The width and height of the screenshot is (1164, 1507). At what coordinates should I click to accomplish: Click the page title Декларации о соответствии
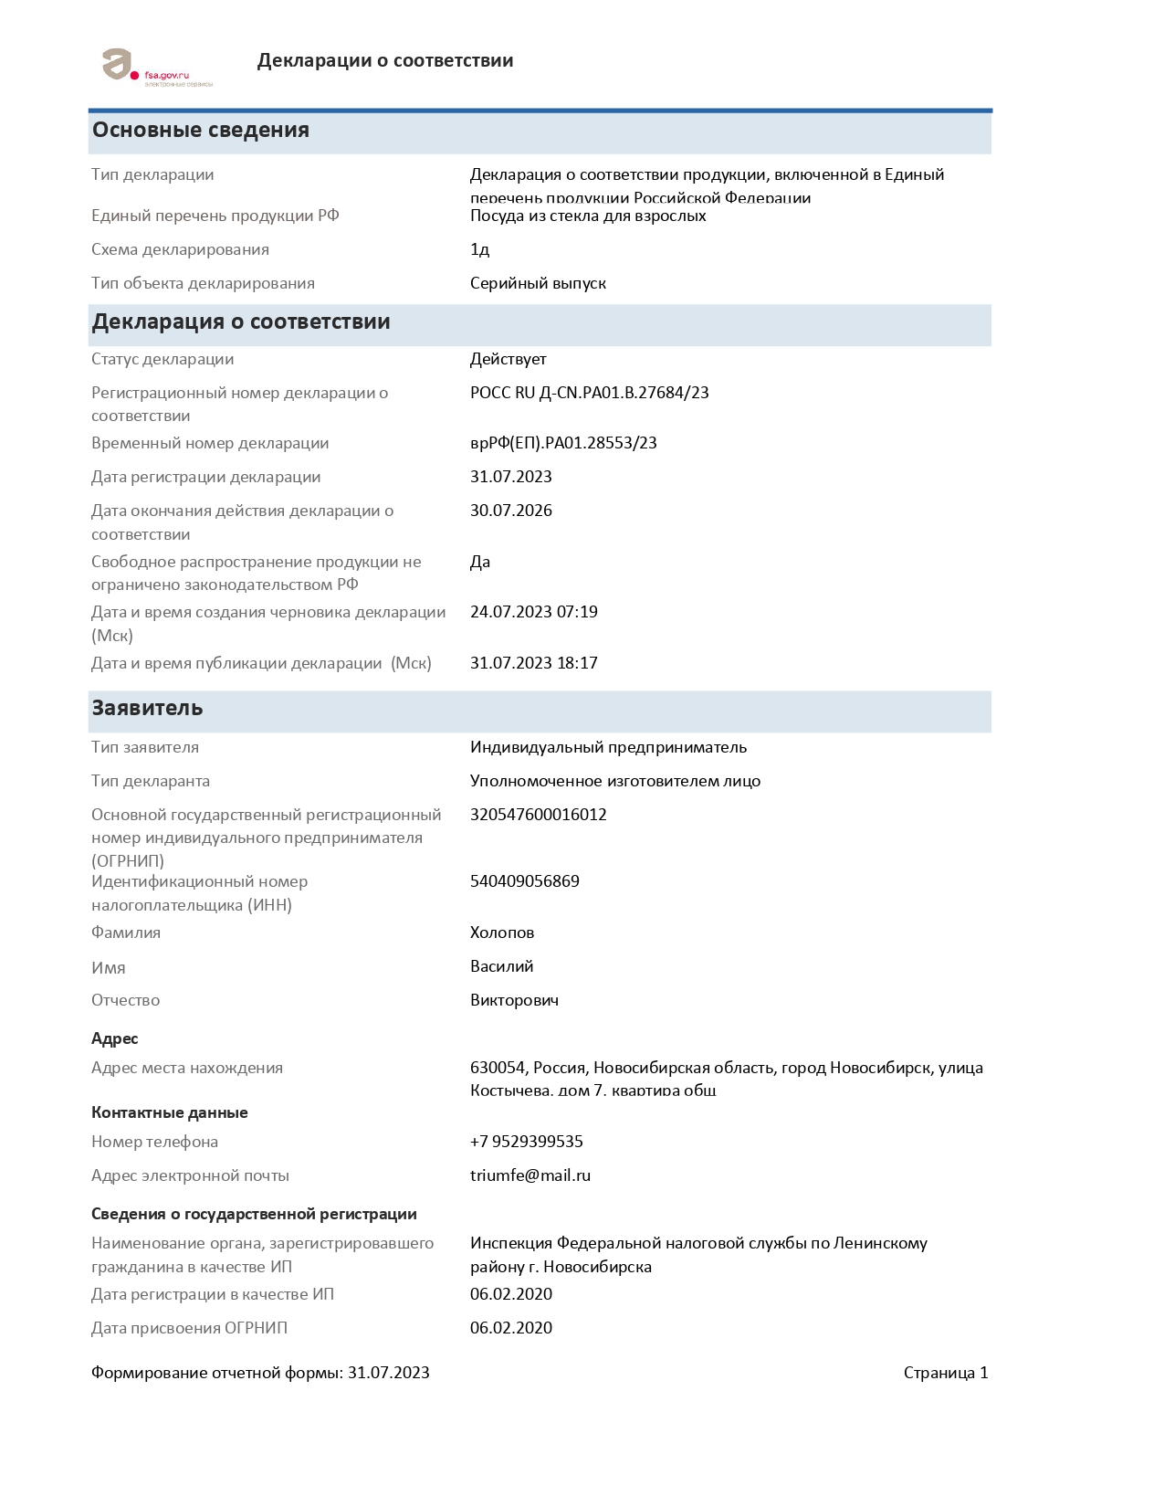click(x=384, y=61)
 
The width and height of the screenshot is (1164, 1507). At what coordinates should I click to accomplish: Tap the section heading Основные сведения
click(x=201, y=131)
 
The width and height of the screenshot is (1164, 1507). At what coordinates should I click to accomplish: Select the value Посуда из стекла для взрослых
click(x=588, y=216)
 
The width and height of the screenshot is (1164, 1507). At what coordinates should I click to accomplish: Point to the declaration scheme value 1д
click(x=479, y=250)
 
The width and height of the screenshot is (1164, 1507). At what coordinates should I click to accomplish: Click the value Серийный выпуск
click(x=538, y=284)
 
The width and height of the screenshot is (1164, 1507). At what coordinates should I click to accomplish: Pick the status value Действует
click(x=508, y=360)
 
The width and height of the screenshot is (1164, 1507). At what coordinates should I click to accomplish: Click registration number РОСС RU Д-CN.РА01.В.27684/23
click(x=589, y=394)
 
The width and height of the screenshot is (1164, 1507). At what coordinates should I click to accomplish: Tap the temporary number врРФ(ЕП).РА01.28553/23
click(x=563, y=444)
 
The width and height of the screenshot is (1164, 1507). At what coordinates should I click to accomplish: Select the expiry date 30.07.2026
click(x=510, y=511)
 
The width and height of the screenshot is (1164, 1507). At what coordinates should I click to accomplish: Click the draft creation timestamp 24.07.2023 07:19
click(x=533, y=612)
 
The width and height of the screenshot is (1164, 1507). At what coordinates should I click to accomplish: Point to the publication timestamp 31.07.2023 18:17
click(x=533, y=663)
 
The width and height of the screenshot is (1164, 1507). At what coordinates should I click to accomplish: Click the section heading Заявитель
click(x=147, y=709)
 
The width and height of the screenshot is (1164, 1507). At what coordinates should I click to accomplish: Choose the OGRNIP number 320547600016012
click(x=538, y=815)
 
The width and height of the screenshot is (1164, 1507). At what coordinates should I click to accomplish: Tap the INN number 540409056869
click(x=524, y=881)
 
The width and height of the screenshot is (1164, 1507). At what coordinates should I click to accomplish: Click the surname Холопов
click(x=501, y=933)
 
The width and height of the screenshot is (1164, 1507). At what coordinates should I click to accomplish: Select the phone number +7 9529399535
click(x=526, y=1142)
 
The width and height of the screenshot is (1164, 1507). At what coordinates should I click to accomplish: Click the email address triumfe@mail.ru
click(x=530, y=1175)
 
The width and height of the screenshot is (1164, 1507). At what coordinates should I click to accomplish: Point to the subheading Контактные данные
click(x=169, y=1112)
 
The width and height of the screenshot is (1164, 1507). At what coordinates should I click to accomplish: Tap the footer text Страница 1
click(x=945, y=1373)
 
